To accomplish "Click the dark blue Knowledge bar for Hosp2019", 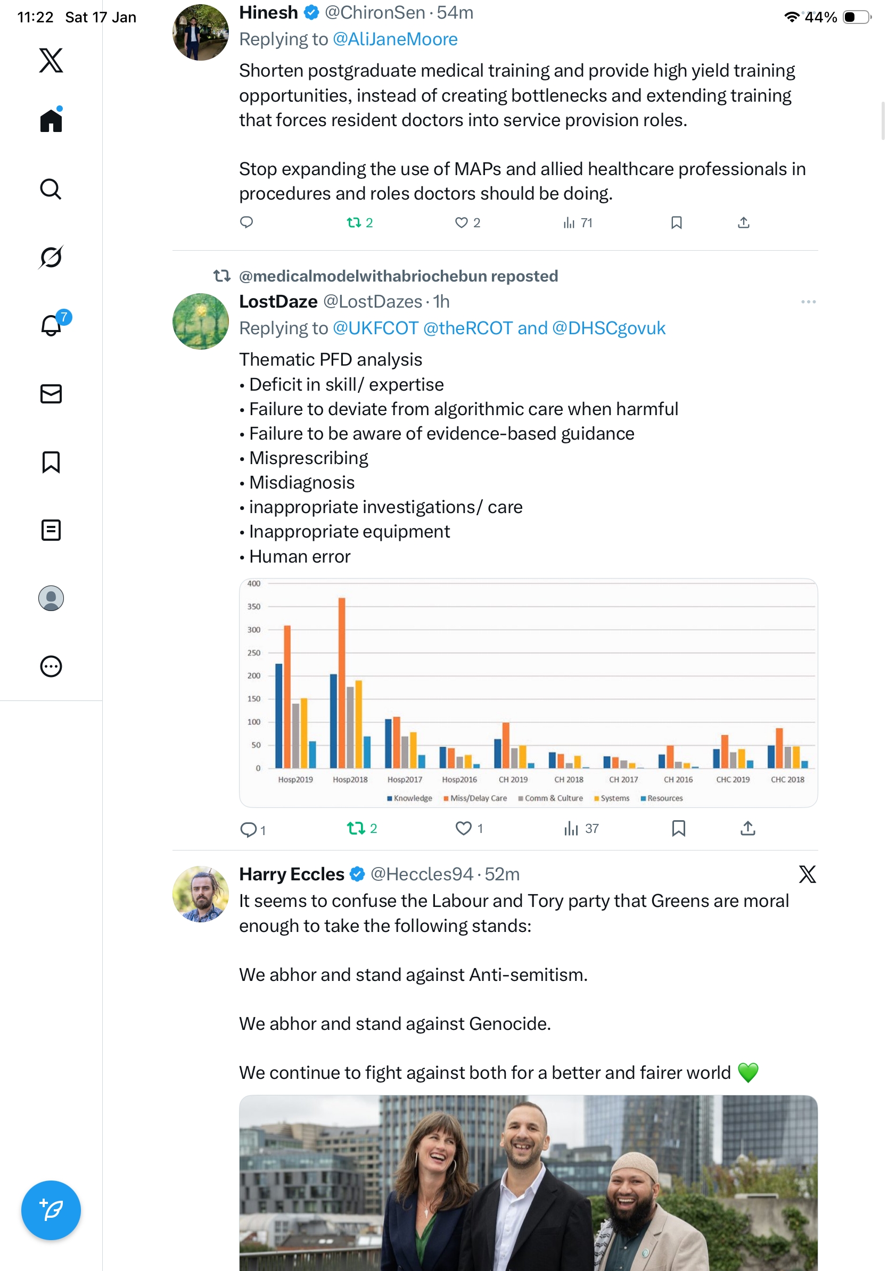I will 279,715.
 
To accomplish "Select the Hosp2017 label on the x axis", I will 405,779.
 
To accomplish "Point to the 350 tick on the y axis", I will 253,607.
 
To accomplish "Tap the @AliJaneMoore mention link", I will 394,39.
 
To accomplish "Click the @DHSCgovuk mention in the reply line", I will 609,328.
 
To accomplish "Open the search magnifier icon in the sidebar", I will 51,189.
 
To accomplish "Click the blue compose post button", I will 51,1210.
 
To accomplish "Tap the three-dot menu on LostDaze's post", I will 808,302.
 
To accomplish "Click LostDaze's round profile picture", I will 200,321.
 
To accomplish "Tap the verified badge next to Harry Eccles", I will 358,874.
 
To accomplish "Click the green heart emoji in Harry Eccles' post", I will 748,1073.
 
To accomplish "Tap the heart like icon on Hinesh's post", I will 461,222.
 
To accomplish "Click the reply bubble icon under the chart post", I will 248,829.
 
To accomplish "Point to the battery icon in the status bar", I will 856,17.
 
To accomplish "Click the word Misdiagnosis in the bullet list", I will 302,483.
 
